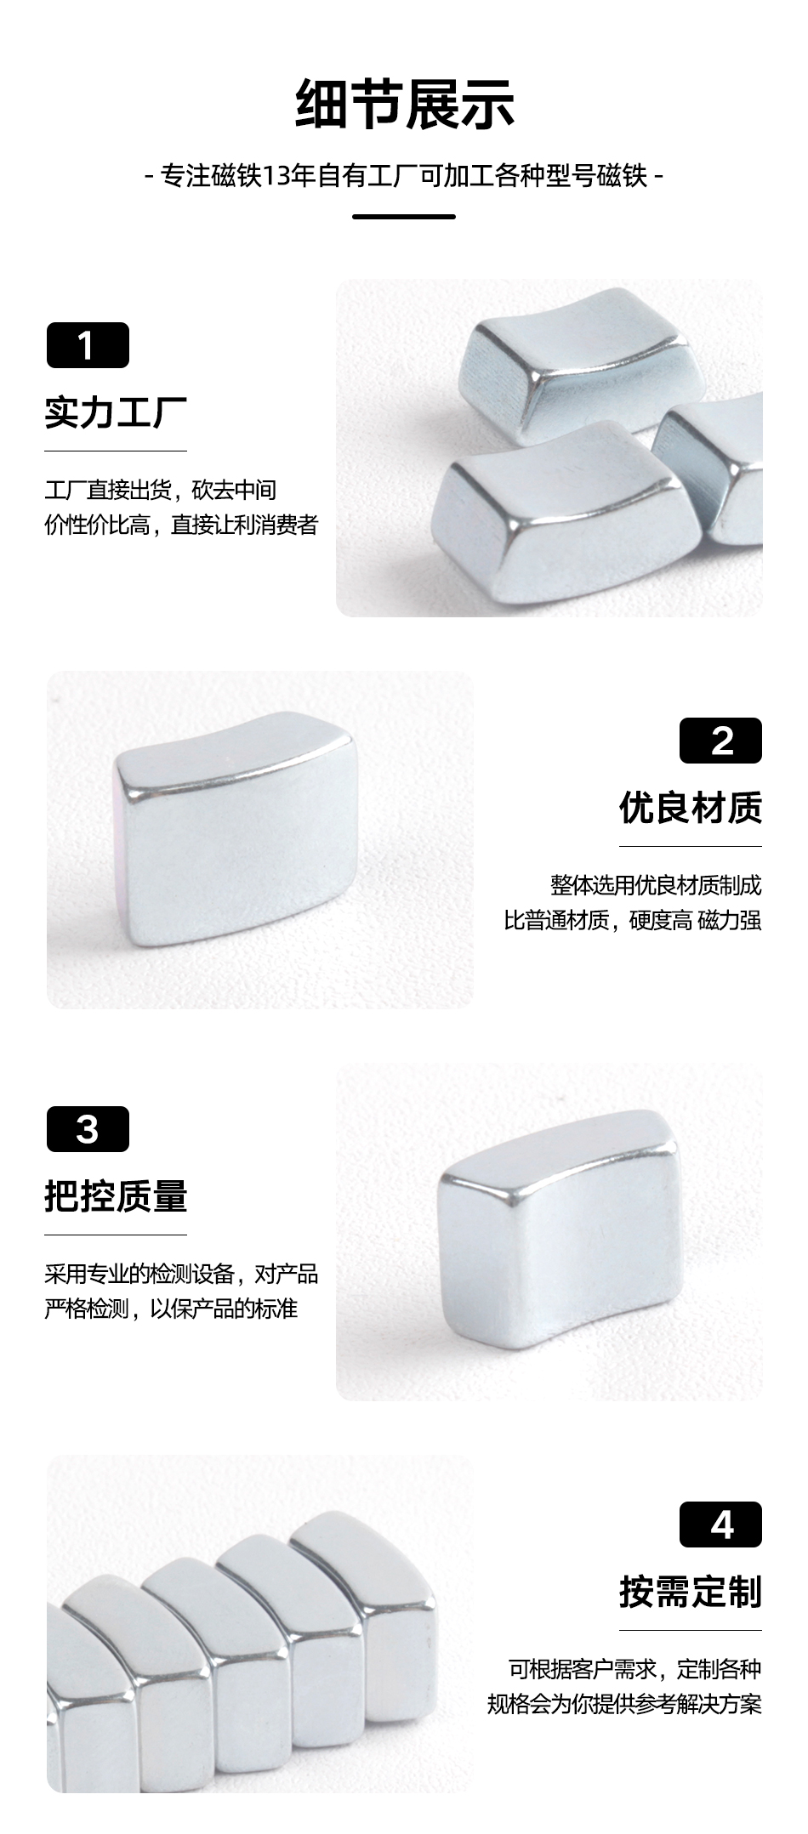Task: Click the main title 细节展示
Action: point(404,105)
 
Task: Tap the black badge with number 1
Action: point(88,345)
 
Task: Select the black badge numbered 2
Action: point(720,741)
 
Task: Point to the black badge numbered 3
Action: point(88,1129)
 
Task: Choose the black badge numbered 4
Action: point(720,1525)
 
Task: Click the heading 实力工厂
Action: point(116,412)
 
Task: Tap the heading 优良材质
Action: point(691,808)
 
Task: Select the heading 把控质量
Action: point(116,1196)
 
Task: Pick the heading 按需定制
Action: point(691,1592)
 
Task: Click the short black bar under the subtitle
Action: point(404,217)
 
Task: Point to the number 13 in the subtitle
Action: point(276,177)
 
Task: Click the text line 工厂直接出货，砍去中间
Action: point(161,490)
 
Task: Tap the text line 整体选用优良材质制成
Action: point(656,885)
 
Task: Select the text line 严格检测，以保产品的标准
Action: point(171,1309)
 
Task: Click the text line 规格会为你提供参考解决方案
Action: point(624,1704)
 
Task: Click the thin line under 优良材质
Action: point(691,846)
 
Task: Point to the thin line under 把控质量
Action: point(116,1235)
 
